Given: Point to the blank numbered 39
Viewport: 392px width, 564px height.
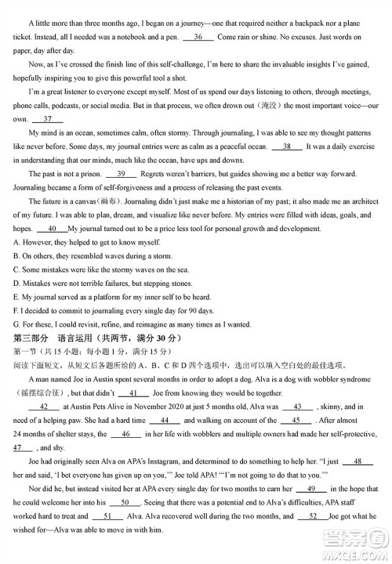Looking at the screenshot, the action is coord(121,174).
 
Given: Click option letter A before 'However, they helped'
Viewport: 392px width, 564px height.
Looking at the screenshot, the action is coord(16,243).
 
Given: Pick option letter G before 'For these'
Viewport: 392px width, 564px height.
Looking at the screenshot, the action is coord(16,324).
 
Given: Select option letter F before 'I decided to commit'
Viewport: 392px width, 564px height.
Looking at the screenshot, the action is coord(16,311).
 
